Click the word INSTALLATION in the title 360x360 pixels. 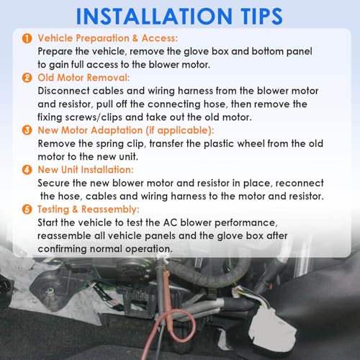[x=154, y=16]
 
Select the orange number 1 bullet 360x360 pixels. [x=27, y=38]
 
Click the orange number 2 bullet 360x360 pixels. [x=27, y=78]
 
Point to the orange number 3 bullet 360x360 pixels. [x=27, y=130]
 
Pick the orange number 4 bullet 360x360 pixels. [x=27, y=170]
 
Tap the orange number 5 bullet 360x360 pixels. [x=27, y=210]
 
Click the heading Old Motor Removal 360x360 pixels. [x=84, y=78]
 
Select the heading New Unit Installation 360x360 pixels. [x=86, y=170]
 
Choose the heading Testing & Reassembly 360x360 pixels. [x=89, y=210]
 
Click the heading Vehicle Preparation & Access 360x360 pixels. [x=108, y=38]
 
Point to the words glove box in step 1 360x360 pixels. [x=206, y=52]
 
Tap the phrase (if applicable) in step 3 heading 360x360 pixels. [x=179, y=130]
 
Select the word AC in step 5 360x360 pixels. [x=170, y=222]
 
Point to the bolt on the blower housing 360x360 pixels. [x=50, y=292]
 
